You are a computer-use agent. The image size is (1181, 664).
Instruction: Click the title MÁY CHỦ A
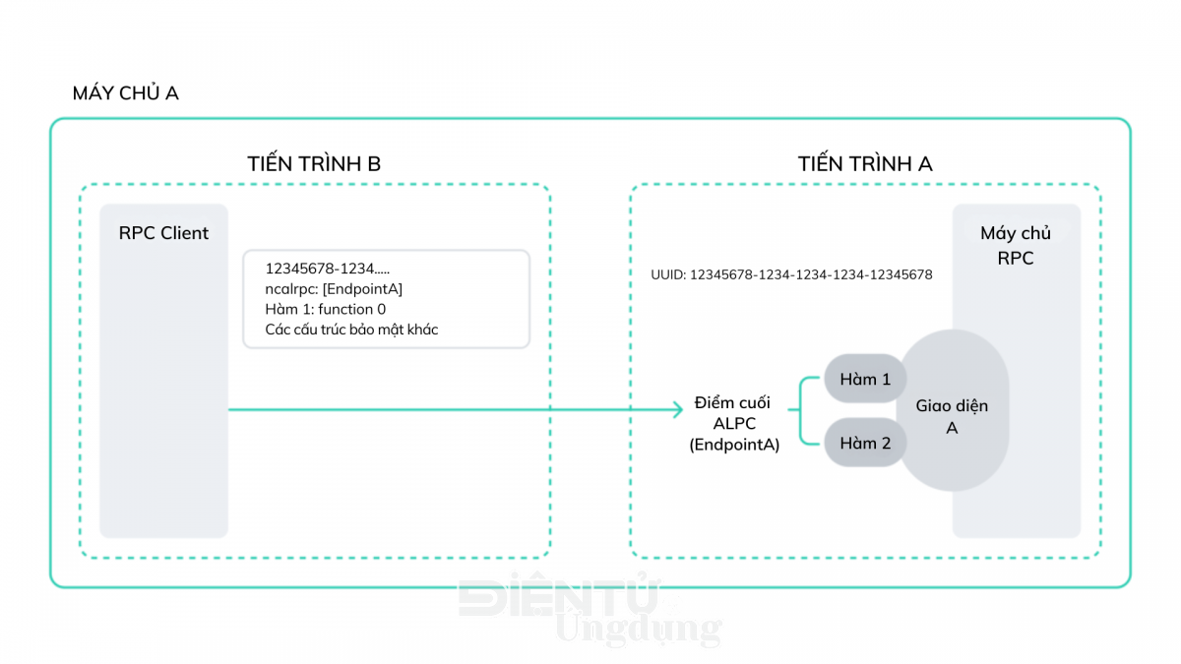(x=126, y=92)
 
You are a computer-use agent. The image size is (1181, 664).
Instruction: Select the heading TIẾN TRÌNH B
(x=314, y=163)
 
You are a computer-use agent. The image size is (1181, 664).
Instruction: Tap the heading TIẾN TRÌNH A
(x=865, y=163)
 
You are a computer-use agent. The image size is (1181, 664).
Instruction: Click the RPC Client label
(x=163, y=233)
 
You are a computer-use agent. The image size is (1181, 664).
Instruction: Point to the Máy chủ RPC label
(x=1016, y=246)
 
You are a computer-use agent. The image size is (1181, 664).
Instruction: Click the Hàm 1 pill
(x=865, y=379)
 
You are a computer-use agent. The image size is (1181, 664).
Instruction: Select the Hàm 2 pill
(x=865, y=443)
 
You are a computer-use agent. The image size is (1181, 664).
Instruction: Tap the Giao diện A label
(x=952, y=416)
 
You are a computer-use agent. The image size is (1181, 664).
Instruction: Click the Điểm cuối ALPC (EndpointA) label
(x=734, y=423)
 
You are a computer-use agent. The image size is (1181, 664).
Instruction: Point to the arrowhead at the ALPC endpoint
(x=679, y=409)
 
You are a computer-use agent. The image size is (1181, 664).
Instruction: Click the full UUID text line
(x=791, y=274)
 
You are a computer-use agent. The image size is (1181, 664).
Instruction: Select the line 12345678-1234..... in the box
(x=328, y=269)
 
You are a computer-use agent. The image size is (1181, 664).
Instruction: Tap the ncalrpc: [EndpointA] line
(x=334, y=289)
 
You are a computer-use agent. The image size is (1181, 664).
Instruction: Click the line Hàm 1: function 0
(x=326, y=309)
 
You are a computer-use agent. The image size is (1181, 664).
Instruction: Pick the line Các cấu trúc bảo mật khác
(x=351, y=330)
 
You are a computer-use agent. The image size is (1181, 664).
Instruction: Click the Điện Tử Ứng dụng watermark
(x=590, y=611)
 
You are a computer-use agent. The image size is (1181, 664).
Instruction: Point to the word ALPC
(x=734, y=423)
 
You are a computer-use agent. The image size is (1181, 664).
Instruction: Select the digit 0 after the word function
(x=381, y=309)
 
